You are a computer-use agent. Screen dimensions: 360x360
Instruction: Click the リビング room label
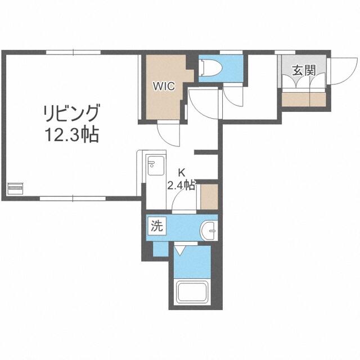click(72, 113)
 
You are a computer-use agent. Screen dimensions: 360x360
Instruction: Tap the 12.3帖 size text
click(72, 135)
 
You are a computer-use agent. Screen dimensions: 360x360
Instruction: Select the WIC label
click(164, 86)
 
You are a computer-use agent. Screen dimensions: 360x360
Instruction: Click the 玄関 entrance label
click(304, 70)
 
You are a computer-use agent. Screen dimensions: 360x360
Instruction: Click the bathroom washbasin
click(209, 231)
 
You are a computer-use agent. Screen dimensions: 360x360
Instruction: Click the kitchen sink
click(156, 165)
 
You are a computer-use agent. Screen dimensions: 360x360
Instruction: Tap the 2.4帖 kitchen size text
click(182, 184)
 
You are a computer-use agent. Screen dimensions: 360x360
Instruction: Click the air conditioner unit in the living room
click(15, 189)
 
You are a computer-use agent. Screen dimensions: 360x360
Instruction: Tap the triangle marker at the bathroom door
click(180, 250)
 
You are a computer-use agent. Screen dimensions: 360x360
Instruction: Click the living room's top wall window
click(73, 52)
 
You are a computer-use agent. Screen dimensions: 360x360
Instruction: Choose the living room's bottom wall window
click(73, 199)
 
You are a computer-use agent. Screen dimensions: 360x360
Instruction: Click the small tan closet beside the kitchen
click(209, 197)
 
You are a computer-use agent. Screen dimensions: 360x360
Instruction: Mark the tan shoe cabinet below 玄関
click(304, 100)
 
